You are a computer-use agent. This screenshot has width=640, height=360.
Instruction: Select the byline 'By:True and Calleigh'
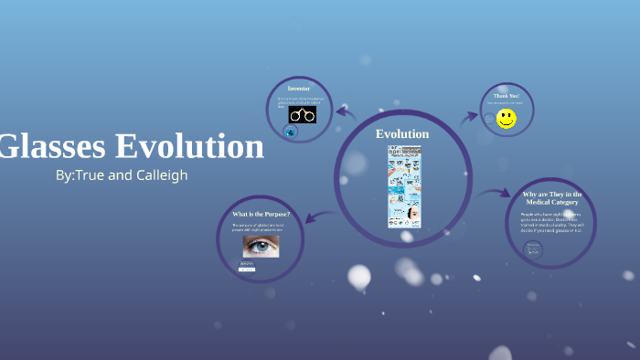click(x=122, y=175)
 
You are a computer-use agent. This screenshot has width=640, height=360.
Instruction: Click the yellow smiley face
click(x=507, y=119)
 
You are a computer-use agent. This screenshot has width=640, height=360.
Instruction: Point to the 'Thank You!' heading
click(x=507, y=96)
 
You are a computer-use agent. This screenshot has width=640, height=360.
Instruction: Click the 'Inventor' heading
click(x=299, y=88)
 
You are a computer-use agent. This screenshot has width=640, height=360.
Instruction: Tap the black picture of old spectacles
click(x=302, y=115)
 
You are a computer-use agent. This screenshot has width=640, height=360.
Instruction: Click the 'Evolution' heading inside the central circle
click(x=402, y=134)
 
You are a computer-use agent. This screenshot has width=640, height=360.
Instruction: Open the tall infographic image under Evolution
click(x=403, y=186)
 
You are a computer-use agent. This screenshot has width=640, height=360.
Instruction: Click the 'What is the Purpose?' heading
click(x=261, y=214)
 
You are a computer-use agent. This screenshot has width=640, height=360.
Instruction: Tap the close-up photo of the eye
click(x=261, y=245)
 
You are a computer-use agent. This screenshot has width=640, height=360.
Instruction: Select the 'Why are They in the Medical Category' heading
click(x=552, y=199)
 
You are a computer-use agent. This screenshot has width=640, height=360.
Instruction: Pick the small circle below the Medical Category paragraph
click(x=533, y=249)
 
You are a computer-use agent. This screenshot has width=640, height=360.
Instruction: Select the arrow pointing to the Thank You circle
click(x=469, y=117)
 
